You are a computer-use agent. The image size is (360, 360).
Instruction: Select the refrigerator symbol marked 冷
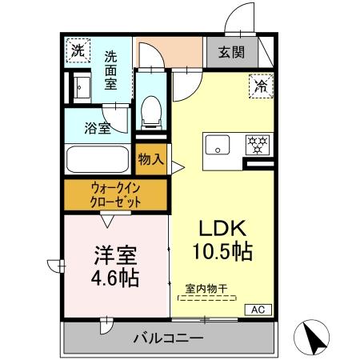[x=260, y=84]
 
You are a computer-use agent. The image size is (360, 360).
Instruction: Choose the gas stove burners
[x=258, y=145]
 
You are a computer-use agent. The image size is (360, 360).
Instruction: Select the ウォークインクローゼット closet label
[x=116, y=195]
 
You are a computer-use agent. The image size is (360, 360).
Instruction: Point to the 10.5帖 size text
[x=222, y=253]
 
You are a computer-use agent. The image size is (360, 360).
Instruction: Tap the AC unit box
[x=258, y=310]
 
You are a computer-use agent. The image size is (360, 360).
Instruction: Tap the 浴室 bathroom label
[x=99, y=128]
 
